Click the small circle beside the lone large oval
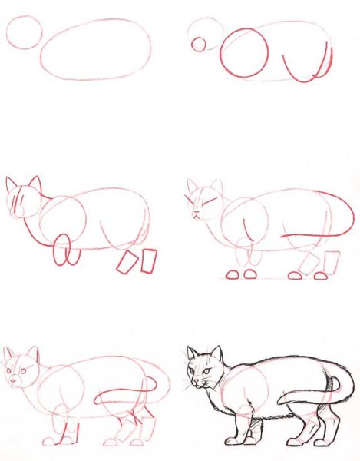point(23,34)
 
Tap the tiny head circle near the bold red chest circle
point(199,44)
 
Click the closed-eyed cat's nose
point(196,214)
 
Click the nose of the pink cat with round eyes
point(14,380)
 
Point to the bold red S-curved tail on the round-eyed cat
point(130,397)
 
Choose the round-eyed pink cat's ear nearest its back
point(33,355)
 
